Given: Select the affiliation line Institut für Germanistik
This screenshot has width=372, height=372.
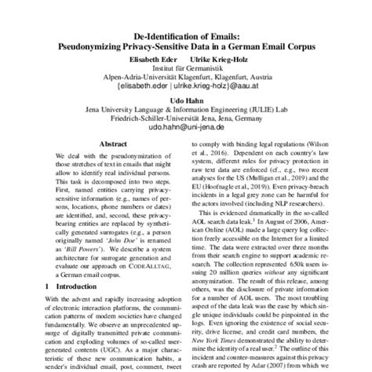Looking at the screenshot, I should point(186,69).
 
